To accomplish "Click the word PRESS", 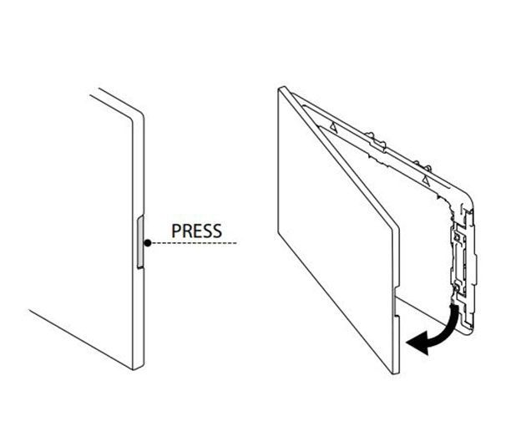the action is click(196, 231).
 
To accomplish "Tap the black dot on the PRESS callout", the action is click(148, 243).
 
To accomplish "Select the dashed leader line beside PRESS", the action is click(195, 243).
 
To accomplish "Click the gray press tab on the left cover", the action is click(140, 241).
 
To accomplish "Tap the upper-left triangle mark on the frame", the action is click(334, 127).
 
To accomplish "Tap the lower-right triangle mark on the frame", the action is click(426, 180).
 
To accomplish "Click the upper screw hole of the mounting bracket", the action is click(457, 236).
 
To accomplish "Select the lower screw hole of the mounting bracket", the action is click(456, 287).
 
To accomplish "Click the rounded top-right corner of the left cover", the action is click(139, 115).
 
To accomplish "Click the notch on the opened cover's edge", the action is click(397, 300).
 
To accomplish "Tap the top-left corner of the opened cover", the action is click(281, 89).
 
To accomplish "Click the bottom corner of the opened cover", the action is click(396, 373).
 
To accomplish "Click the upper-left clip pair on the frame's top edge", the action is click(376, 140).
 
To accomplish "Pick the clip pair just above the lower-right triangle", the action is click(422, 166).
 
